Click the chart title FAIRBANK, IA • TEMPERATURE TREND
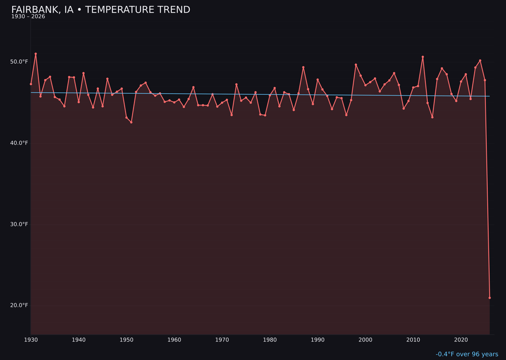tap(101, 10)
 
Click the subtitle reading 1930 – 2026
tap(28, 17)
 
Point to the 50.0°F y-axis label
tap(19, 62)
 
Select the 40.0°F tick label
tap(19, 143)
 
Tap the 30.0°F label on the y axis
tap(19, 224)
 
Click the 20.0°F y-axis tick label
tap(19, 305)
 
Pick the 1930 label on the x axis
tap(31, 339)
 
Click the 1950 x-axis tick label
tap(126, 339)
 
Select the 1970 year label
tap(222, 339)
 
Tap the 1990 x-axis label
tap(318, 339)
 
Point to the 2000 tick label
tap(365, 339)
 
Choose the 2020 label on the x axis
tap(461, 339)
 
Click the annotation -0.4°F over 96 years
tap(467, 354)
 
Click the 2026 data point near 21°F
tap(490, 298)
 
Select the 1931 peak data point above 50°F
tap(36, 54)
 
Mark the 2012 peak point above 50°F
tap(423, 57)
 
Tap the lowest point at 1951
tap(131, 122)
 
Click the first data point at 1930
tap(31, 84)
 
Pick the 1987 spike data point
tap(303, 67)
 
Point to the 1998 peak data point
tap(356, 65)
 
